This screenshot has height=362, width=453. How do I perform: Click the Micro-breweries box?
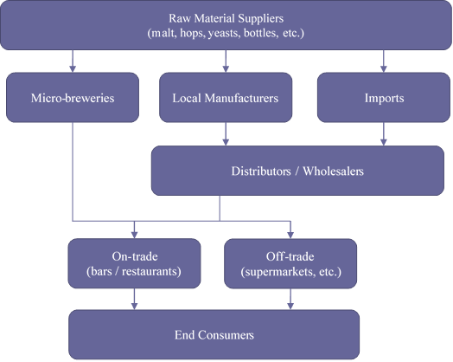(73, 98)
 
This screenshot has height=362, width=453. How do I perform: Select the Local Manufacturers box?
(226, 98)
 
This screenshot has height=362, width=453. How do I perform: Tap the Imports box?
(384, 98)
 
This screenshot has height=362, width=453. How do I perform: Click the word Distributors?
(261, 171)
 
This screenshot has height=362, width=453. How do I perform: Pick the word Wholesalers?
(333, 171)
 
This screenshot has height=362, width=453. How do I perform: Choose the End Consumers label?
(214, 335)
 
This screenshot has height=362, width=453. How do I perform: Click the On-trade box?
(134, 263)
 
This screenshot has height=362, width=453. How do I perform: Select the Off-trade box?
(290, 263)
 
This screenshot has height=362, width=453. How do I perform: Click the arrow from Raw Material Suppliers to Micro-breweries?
(73, 61)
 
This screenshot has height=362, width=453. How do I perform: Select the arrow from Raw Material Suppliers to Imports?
(383, 61)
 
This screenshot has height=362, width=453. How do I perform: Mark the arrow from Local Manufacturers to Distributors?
(226, 134)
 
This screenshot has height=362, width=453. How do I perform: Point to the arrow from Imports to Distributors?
(383, 134)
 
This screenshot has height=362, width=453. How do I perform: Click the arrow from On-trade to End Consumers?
(134, 299)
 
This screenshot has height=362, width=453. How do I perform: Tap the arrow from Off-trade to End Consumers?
(290, 299)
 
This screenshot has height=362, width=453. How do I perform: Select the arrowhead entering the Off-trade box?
(290, 235)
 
